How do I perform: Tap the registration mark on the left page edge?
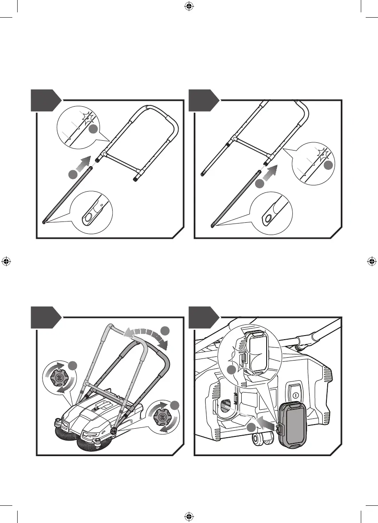6,261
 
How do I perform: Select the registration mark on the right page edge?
371,261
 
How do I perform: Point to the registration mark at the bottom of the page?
189,516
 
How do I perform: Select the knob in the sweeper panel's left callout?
59,377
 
